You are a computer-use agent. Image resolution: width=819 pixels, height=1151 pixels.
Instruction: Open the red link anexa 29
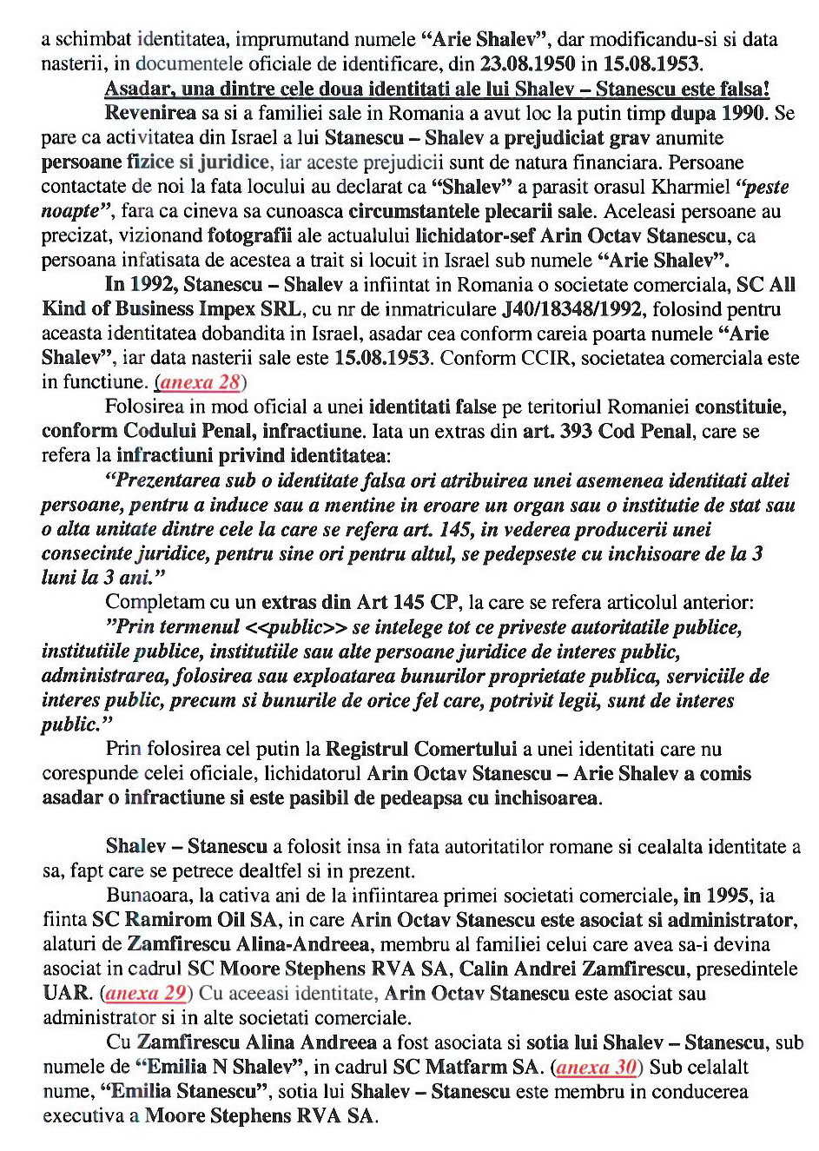pyautogui.click(x=146, y=994)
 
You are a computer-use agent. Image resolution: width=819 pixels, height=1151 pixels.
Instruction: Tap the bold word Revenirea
pyautogui.click(x=150, y=113)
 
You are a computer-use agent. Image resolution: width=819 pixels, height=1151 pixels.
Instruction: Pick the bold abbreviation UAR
pyautogui.click(x=68, y=994)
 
